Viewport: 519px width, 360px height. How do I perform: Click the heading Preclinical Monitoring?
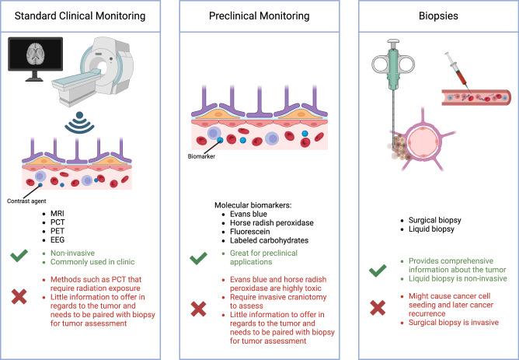point(259,13)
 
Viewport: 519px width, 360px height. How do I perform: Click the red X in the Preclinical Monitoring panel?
point(199,309)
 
